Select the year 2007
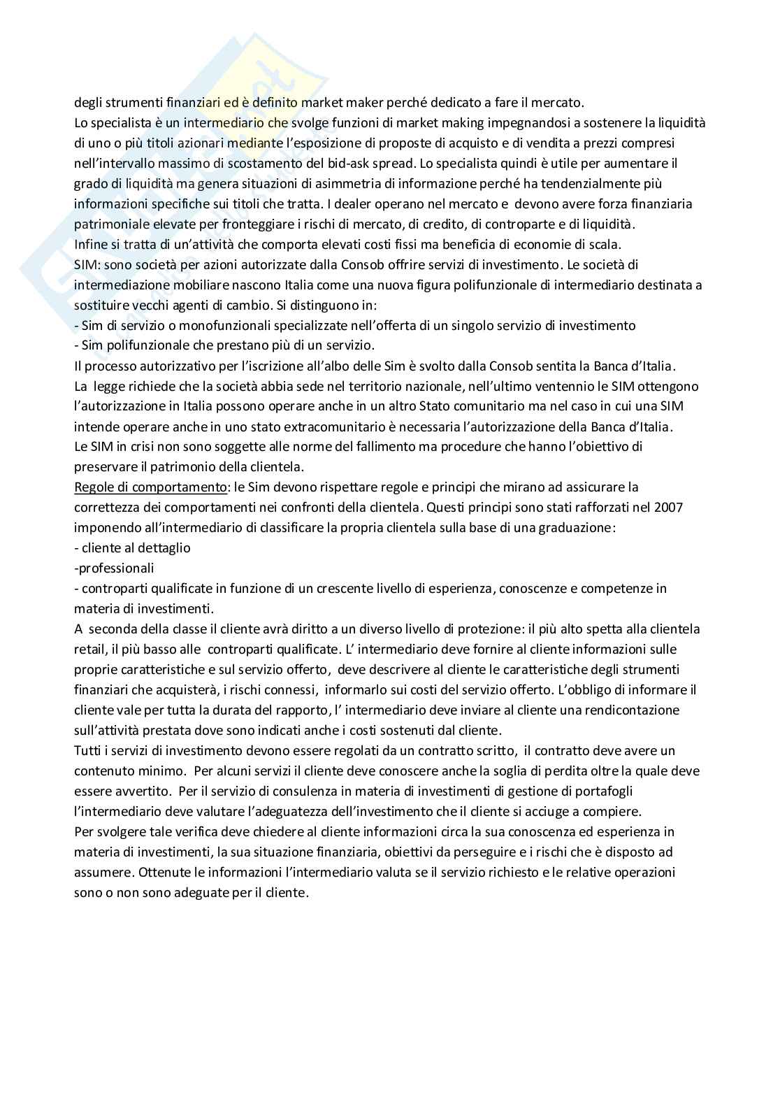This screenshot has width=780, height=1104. [x=669, y=507]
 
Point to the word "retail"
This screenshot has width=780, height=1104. [x=89, y=649]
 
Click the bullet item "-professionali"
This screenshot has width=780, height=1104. [x=114, y=568]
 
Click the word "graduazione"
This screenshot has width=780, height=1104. [x=577, y=527]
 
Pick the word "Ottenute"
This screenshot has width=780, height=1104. [x=162, y=873]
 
